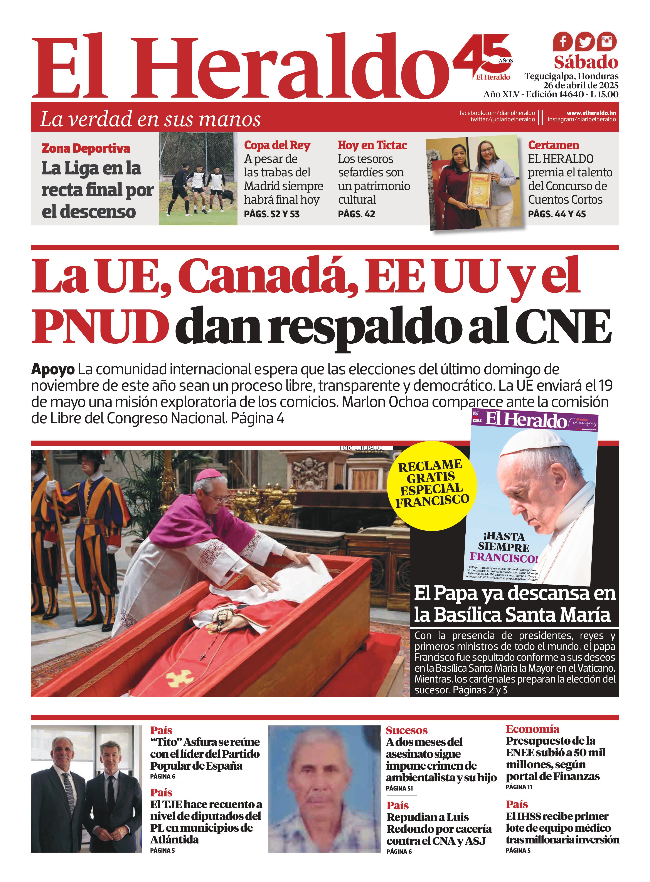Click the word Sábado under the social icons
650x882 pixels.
(x=586, y=62)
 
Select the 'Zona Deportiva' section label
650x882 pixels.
(x=86, y=148)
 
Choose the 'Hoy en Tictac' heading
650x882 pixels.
(x=372, y=145)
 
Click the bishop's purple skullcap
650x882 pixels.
(x=207, y=475)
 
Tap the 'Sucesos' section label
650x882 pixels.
(x=406, y=730)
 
